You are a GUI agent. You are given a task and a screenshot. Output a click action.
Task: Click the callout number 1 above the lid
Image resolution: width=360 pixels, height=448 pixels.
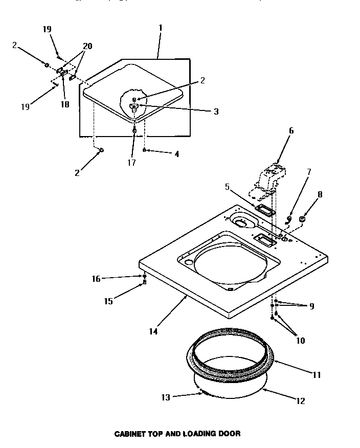[160, 27]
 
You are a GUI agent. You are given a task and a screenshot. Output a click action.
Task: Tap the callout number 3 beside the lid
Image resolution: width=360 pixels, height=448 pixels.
[216, 111]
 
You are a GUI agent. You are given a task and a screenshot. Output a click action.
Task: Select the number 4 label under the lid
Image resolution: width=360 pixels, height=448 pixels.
[177, 153]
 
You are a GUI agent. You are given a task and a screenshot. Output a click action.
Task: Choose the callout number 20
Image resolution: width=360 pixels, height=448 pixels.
[87, 46]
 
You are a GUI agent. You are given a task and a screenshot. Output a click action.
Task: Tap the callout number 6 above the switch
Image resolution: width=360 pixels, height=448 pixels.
[291, 130]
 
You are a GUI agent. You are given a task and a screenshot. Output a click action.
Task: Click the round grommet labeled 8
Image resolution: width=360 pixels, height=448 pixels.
[302, 219]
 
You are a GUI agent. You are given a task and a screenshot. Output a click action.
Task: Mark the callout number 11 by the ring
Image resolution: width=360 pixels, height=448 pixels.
[317, 375]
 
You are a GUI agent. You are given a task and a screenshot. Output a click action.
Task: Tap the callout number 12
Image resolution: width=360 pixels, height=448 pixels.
[300, 401]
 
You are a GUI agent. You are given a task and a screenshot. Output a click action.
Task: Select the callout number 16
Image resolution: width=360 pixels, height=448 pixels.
[96, 278]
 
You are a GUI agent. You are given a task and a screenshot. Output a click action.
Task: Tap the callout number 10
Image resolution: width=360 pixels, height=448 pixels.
[301, 340]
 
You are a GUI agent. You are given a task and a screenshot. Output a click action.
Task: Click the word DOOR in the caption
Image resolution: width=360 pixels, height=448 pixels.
[230, 434]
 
